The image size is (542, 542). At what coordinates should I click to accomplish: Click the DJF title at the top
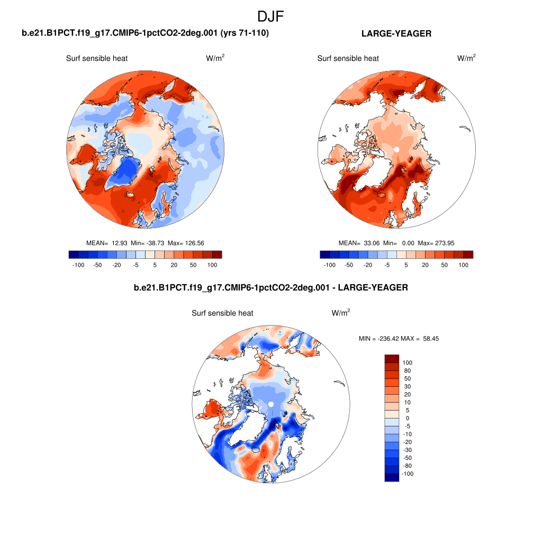tap(270, 16)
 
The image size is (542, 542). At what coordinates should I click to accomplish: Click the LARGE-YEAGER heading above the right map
tap(396, 33)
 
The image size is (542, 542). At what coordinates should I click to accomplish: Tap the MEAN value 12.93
tap(119, 243)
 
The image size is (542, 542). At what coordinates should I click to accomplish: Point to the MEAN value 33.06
tap(371, 243)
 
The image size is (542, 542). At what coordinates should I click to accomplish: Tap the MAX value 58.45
tap(429, 339)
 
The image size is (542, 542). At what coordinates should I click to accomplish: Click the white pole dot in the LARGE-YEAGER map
tap(396, 150)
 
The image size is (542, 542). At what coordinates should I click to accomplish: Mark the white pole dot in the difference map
tap(270, 404)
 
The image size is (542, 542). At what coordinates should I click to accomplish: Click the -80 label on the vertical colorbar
tap(408, 466)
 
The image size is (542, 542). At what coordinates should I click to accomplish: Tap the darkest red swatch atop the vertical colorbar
tap(391, 358)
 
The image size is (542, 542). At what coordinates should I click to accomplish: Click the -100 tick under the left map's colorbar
tap(78, 264)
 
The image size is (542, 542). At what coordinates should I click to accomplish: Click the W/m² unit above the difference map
tap(341, 313)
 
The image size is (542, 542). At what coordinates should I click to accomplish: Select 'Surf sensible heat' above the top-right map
tap(348, 58)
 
